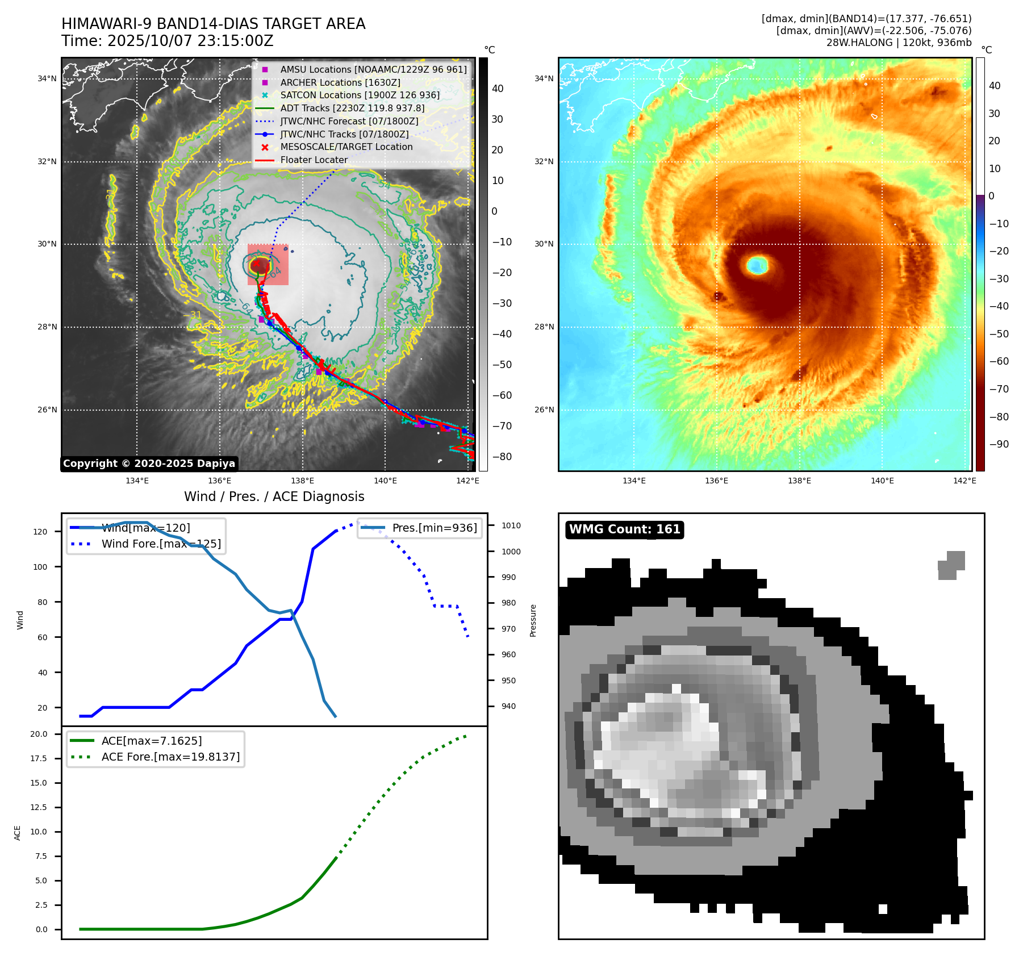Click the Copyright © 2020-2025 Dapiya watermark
(149, 464)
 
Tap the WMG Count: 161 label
(624, 529)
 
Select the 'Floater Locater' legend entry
(314, 160)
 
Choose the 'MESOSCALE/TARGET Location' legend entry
(346, 147)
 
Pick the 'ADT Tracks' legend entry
(352, 108)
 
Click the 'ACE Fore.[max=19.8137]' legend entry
(170, 757)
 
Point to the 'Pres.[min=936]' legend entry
(435, 528)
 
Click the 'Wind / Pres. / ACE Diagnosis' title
(274, 497)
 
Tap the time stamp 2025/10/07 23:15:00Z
(190, 41)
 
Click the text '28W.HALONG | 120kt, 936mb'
(899, 43)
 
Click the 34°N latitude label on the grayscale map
(47, 79)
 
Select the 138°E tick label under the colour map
(799, 481)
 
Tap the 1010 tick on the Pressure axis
(511, 526)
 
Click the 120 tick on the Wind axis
(40, 532)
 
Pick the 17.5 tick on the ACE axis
(39, 759)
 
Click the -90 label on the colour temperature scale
(999, 444)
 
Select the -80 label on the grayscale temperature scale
(502, 457)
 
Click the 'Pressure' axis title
(533, 620)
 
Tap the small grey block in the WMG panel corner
(951, 565)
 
